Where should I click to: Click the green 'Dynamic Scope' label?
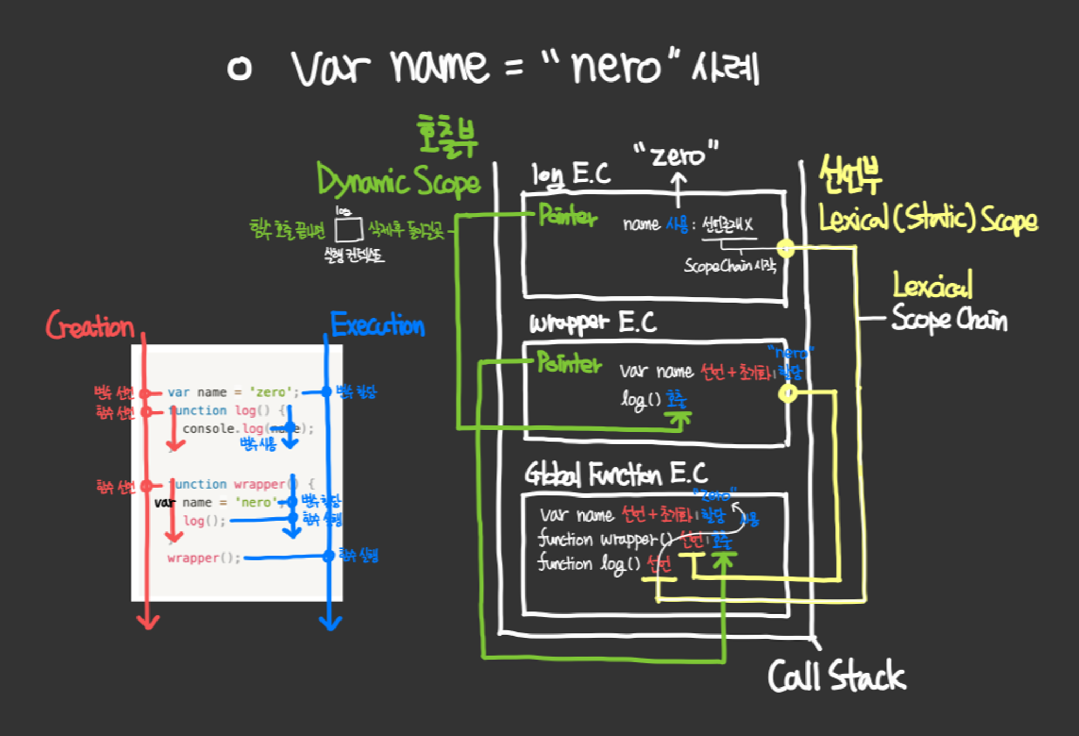pos(398,181)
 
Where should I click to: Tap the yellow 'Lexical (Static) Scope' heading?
pos(928,219)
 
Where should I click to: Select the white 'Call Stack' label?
pos(837,676)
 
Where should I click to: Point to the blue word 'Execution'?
pos(378,325)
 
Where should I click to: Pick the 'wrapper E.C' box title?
pos(592,323)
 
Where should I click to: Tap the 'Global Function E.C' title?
pos(616,474)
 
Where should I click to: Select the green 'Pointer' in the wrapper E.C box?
pos(569,363)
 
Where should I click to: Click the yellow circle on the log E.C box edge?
pos(786,248)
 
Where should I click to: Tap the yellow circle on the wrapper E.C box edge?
pos(788,393)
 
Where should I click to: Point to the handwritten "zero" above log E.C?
pos(677,155)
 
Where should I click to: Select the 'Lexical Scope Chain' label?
pos(948,302)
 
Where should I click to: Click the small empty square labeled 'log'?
pos(349,229)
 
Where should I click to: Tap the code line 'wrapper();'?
pos(203,557)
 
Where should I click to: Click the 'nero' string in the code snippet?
pos(256,502)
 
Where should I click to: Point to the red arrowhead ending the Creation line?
pos(148,622)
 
